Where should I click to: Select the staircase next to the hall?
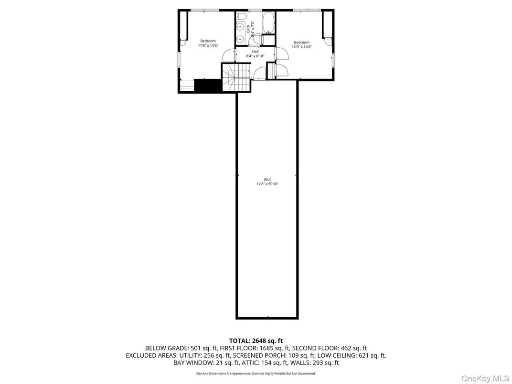(x=237, y=79)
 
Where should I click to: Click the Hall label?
(x=255, y=52)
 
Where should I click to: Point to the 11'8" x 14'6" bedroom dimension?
(x=208, y=46)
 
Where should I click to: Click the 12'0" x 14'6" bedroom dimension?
(x=302, y=47)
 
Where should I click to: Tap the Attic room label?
(x=267, y=180)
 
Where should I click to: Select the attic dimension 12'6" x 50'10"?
(x=267, y=184)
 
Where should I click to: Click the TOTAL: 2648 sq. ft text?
(x=256, y=341)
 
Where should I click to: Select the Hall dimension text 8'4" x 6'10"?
(x=255, y=56)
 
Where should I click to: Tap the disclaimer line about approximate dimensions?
(x=256, y=373)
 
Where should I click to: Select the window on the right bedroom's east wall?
(x=333, y=60)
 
